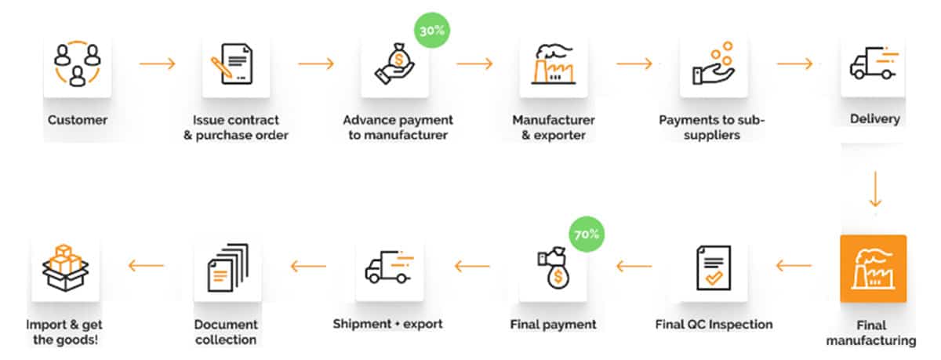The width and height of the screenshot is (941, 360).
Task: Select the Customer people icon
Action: (77, 64)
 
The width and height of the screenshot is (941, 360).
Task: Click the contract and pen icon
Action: (236, 64)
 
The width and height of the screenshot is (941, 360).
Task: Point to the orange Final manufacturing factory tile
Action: (873, 268)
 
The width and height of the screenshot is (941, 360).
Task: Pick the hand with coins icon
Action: (714, 63)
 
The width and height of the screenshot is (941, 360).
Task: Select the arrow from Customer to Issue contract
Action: (157, 63)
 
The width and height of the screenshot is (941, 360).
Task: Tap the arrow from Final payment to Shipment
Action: (472, 267)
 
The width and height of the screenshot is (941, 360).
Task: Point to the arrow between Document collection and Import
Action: (146, 266)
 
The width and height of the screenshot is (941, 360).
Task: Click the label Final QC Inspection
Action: (714, 325)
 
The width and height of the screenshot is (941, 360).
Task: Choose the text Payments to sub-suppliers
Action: (711, 127)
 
